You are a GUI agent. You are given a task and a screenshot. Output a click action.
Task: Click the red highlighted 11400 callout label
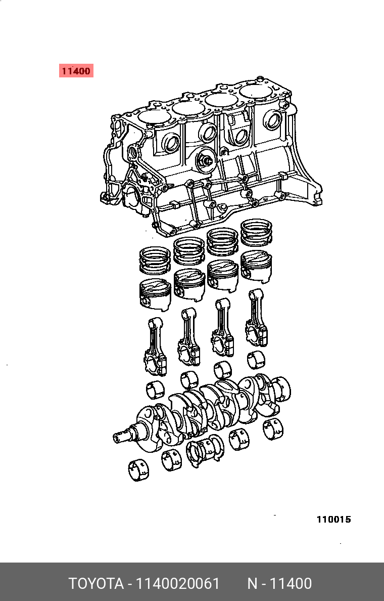76,71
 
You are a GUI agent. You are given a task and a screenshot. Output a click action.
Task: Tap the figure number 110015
333,520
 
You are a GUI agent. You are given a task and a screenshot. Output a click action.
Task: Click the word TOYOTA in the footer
96,584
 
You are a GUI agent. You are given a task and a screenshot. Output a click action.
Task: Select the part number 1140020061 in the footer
178,584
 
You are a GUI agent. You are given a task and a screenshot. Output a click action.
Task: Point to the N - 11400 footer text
279,584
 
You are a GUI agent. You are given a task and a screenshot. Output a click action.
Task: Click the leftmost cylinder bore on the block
154,116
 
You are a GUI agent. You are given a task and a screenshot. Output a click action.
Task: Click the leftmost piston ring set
155,260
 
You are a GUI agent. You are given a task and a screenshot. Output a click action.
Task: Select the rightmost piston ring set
256,232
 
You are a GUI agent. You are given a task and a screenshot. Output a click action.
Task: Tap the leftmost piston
155,293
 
